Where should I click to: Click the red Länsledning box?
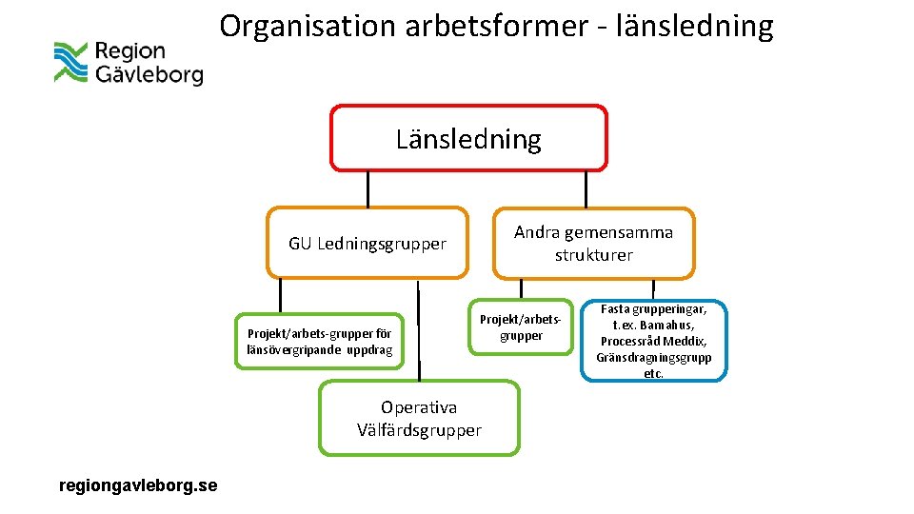(468, 138)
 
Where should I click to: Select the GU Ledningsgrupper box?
(368, 244)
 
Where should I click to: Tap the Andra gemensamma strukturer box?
(593, 244)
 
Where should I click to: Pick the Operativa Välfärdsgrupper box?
(419, 418)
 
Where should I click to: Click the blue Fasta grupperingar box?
(653, 341)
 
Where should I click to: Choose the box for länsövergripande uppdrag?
(319, 342)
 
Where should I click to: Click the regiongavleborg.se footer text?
(138, 485)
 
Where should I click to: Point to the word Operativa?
(419, 407)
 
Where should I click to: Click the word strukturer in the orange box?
(593, 255)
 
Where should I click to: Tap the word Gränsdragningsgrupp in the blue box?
(653, 358)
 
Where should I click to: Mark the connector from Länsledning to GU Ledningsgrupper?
(368, 188)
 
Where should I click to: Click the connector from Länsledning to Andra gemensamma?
(586, 188)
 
